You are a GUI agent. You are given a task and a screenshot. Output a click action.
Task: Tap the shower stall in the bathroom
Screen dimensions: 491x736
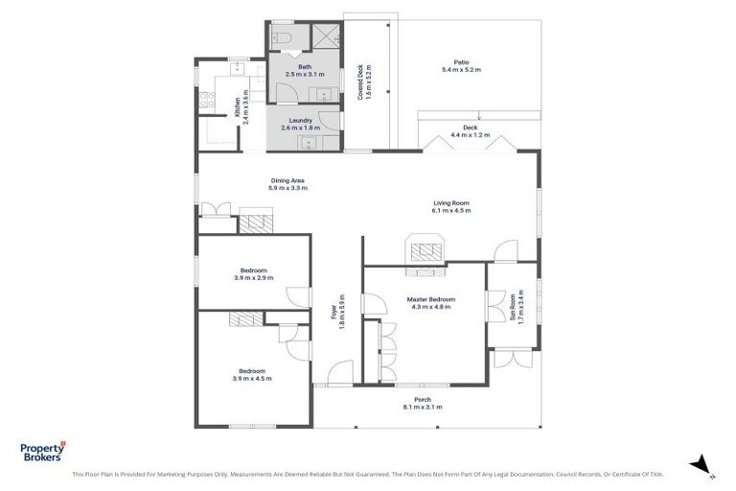[327, 37]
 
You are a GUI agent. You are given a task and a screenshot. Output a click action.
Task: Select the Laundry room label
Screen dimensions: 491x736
[302, 124]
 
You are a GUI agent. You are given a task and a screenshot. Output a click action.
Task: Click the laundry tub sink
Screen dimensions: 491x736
[309, 145]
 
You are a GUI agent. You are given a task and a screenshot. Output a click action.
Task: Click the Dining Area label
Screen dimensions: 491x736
[287, 184]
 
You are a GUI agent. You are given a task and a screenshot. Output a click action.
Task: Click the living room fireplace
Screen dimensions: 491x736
[425, 251]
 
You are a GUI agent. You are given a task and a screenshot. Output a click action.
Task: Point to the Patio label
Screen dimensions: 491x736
[461, 66]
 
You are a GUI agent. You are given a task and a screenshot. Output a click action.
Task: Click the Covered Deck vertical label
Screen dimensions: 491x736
[364, 82]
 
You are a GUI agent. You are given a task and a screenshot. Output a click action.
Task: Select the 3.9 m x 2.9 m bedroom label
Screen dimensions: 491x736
[253, 274]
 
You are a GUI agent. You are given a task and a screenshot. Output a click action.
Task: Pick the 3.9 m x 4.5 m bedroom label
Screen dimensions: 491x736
[253, 374]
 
